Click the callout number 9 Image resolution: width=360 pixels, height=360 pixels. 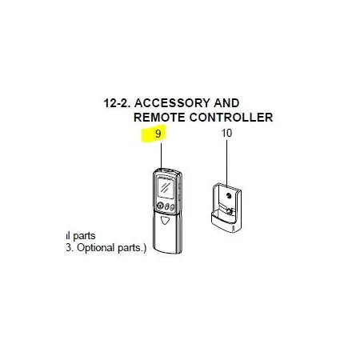pos(158,134)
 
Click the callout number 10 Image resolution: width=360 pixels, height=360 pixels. pos(226,133)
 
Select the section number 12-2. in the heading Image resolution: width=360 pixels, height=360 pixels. pos(117,103)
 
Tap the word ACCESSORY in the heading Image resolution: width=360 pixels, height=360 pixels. pos(172,103)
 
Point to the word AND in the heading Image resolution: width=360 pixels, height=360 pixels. pos(226,103)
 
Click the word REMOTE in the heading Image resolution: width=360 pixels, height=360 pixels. pos(159,118)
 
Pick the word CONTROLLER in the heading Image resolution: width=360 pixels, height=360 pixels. pos(231,118)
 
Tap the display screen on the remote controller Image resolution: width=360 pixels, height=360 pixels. pos(166,188)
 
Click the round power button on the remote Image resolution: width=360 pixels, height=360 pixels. pos(160,206)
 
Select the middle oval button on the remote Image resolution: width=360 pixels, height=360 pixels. pos(167,206)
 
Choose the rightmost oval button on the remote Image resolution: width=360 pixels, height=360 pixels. pos(172,207)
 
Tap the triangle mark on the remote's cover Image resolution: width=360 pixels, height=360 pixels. pos(166,220)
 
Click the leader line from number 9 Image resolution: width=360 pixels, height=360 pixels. pos(162,155)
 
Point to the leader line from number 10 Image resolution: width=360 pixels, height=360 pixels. pos(227,162)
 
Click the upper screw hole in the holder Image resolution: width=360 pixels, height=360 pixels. pos(228,196)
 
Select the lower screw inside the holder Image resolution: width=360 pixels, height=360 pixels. pos(229,212)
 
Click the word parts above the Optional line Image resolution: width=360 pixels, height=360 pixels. pos(84,236)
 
